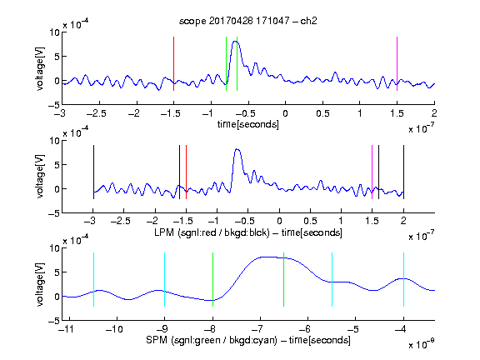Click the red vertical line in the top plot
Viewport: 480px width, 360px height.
(x=173, y=63)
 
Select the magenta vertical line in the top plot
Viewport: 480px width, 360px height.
(x=397, y=63)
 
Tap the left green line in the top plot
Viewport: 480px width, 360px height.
(x=226, y=63)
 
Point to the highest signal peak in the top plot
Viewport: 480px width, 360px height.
(x=235, y=42)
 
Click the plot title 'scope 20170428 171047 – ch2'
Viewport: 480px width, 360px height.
(x=248, y=21)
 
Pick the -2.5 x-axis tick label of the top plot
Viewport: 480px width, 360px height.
(x=97, y=113)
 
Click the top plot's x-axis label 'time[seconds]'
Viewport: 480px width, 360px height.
(x=248, y=124)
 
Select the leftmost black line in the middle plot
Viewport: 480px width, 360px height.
(x=93, y=172)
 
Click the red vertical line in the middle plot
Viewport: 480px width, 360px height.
(x=186, y=172)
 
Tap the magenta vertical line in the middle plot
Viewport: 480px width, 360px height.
(x=372, y=172)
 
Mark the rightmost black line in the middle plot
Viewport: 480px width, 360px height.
(x=403, y=172)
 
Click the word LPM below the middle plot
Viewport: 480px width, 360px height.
(x=164, y=232)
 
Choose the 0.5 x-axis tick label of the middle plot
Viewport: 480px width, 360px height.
(x=310, y=221)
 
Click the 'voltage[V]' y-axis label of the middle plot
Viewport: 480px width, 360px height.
(x=40, y=177)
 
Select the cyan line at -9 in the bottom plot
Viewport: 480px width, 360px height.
(x=164, y=279)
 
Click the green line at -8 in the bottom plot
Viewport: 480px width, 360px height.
(x=212, y=279)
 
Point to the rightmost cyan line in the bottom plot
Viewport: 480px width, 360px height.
(x=403, y=279)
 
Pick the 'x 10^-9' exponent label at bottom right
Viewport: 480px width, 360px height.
(x=421, y=344)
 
